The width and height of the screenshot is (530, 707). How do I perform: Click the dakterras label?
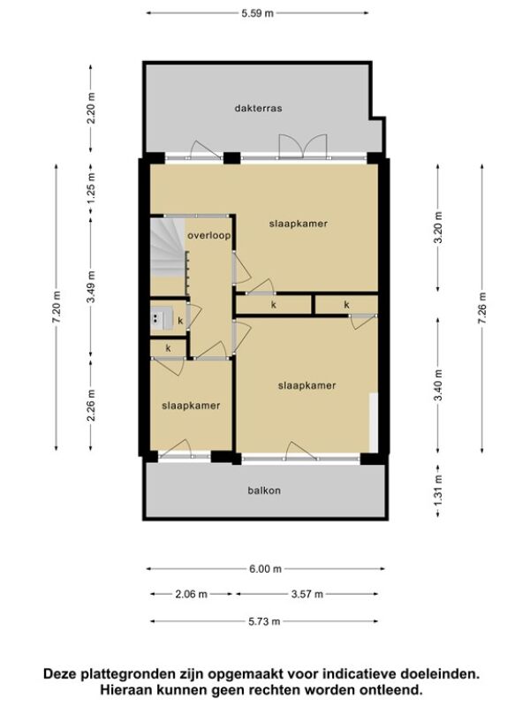[258, 108]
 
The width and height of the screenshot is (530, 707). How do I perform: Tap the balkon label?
[264, 490]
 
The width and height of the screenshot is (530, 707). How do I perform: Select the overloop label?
[209, 235]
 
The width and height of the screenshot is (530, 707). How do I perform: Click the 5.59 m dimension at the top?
[257, 13]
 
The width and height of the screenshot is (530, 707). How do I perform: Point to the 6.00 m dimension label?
[266, 569]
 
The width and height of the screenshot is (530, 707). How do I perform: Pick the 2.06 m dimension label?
[191, 594]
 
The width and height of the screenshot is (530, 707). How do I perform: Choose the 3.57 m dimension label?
[307, 594]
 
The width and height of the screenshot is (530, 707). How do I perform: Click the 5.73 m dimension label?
[264, 622]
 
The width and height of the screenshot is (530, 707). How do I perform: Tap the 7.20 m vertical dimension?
[57, 307]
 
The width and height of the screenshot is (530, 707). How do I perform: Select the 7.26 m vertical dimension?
[482, 308]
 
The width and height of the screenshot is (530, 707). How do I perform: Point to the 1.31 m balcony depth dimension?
[438, 490]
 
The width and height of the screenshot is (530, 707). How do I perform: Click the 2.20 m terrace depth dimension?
[91, 108]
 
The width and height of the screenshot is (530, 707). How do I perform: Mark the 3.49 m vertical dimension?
[91, 287]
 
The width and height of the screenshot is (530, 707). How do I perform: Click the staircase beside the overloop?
[167, 247]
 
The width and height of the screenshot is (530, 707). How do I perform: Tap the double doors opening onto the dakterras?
[302, 147]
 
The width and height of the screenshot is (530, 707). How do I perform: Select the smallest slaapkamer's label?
[191, 406]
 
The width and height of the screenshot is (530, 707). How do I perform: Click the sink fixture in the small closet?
[162, 318]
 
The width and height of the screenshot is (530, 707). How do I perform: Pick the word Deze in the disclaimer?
[60, 674]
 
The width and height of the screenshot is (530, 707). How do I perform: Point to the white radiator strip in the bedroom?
[373, 422]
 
